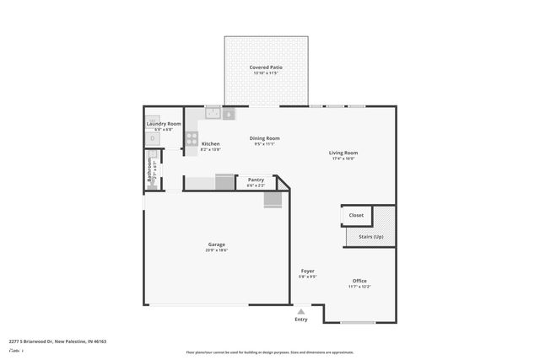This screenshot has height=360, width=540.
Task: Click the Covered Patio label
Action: click(x=266, y=67)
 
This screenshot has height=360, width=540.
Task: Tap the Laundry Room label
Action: click(x=164, y=124)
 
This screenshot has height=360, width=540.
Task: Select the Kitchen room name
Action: click(x=210, y=143)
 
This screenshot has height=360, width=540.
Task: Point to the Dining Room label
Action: click(x=264, y=138)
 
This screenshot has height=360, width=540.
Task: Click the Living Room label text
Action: click(x=343, y=153)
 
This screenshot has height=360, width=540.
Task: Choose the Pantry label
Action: click(x=256, y=179)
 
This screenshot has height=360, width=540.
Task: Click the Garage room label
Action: click(x=216, y=244)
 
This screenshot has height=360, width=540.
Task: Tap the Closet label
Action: click(x=356, y=215)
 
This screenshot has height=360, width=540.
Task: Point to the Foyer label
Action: click(x=307, y=271)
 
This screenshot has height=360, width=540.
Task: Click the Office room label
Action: click(x=359, y=281)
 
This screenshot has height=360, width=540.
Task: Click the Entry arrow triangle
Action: click(x=301, y=311)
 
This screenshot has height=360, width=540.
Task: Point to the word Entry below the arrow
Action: click(x=301, y=320)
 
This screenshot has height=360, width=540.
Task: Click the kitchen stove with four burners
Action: click(x=192, y=139)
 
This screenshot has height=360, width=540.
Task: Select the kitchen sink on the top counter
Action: click(x=213, y=113)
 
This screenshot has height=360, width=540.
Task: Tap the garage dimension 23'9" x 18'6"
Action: click(x=216, y=250)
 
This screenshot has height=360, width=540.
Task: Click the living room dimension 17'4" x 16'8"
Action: click(x=343, y=159)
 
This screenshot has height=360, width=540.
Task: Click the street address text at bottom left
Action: click(x=57, y=341)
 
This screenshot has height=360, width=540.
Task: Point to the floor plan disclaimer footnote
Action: click(x=269, y=352)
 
